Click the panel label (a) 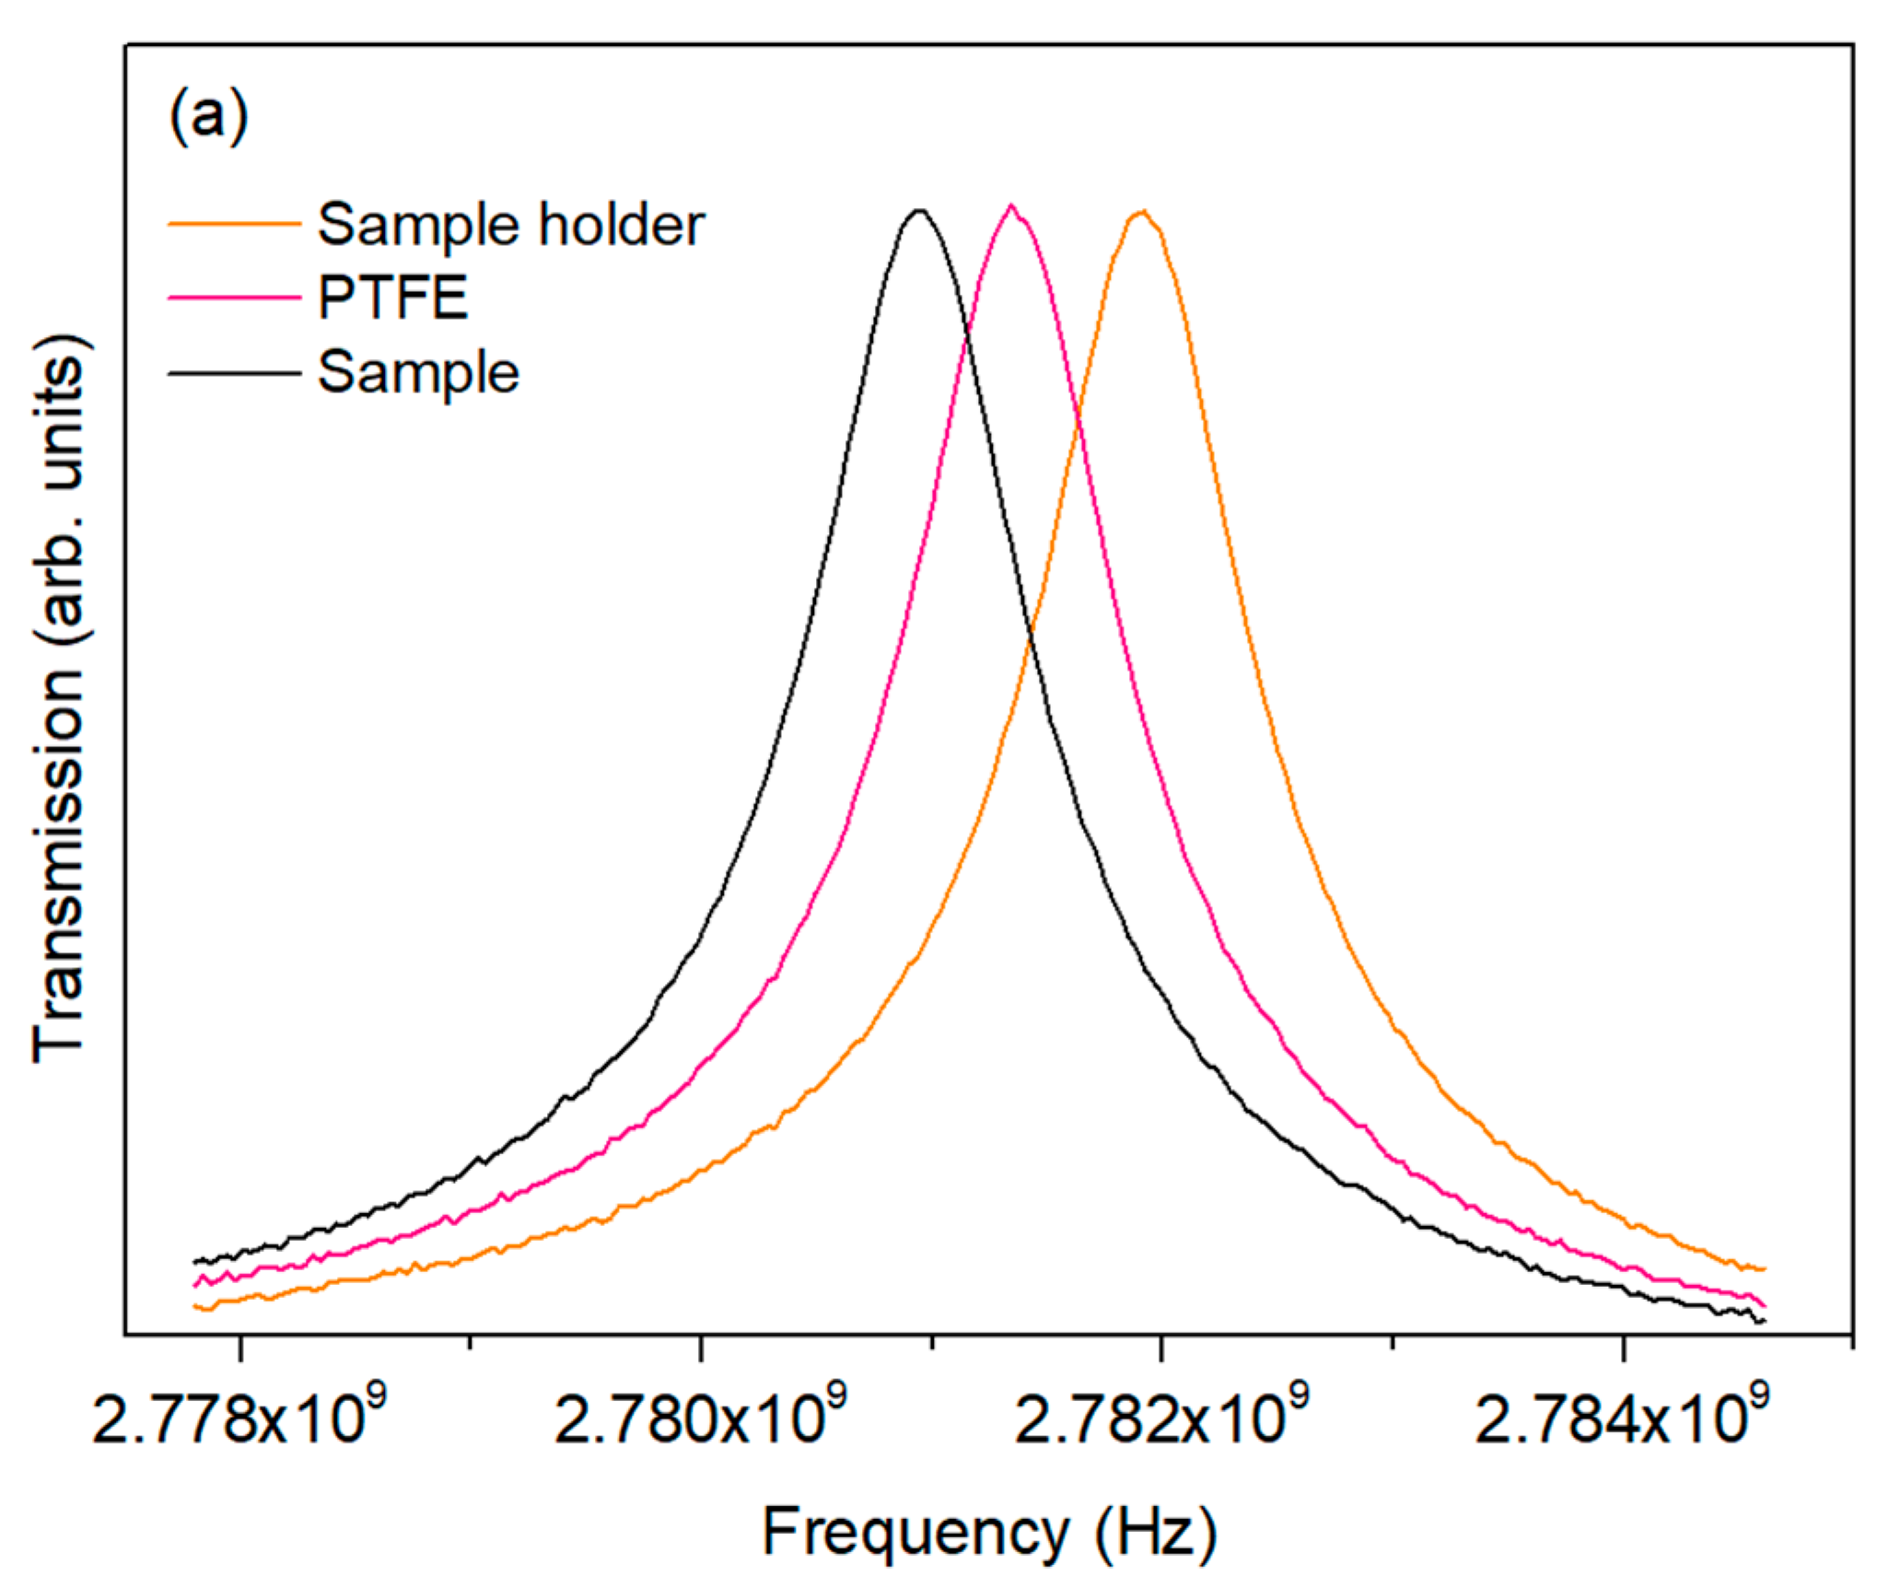(x=209, y=117)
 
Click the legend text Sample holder (x=510, y=224)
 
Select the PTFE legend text (x=393, y=298)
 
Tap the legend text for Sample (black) (x=418, y=372)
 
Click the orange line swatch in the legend (x=234, y=223)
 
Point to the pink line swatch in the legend (x=234, y=298)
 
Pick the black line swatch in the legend (x=234, y=373)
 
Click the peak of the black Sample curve (x=919, y=211)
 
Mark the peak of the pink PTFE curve (x=1011, y=205)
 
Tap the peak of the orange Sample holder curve (x=1142, y=212)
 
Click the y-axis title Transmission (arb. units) (x=59, y=700)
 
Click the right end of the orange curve (x=1763, y=1269)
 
